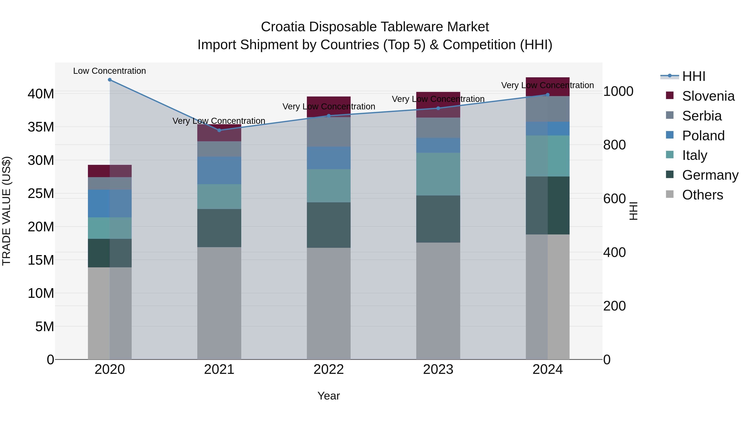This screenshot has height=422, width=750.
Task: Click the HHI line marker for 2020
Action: [x=110, y=80]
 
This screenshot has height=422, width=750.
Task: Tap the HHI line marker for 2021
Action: [x=219, y=130]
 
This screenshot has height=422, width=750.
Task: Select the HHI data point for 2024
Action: [x=548, y=95]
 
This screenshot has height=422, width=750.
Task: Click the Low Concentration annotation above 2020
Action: [x=109, y=71]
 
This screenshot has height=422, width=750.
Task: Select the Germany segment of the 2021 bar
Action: [x=219, y=228]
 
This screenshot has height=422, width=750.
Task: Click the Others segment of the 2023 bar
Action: [x=438, y=301]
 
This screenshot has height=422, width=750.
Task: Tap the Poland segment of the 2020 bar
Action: [x=110, y=204]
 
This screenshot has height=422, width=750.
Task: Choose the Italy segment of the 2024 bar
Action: [x=548, y=156]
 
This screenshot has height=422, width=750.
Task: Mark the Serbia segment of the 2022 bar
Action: [x=329, y=132]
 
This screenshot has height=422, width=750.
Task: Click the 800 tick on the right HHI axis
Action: [x=614, y=145]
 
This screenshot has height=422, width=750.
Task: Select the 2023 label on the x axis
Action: [x=438, y=369]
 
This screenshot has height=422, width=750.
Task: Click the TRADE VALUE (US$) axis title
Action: [x=6, y=211]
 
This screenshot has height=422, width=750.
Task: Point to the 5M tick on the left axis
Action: [x=44, y=327]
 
